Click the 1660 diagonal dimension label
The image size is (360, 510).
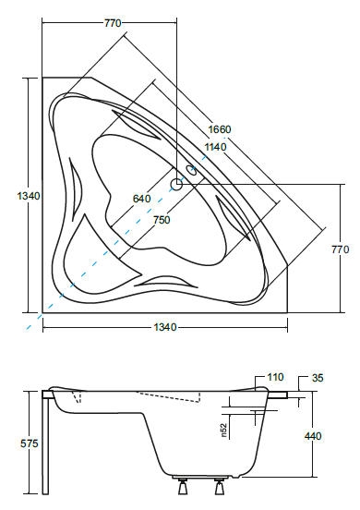(220, 129)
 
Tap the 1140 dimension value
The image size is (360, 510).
(215, 147)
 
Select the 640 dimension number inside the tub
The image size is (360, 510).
(141, 199)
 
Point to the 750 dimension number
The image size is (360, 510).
(162, 220)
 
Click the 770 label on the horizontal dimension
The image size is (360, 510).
(113, 23)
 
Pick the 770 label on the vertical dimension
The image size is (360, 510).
(341, 249)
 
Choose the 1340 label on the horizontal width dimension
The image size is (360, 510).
(165, 327)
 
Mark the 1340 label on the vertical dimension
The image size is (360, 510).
(29, 196)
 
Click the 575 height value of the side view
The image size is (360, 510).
(30, 443)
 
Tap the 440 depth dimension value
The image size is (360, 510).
(313, 436)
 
